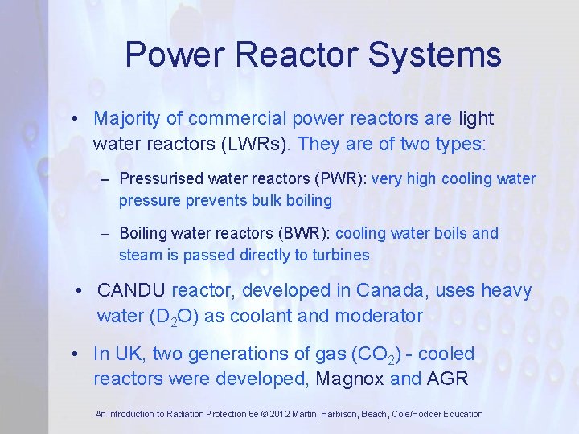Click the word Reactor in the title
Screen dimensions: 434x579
coord(297,55)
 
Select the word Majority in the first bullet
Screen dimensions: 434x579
coord(126,118)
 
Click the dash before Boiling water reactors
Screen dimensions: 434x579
coord(105,234)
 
